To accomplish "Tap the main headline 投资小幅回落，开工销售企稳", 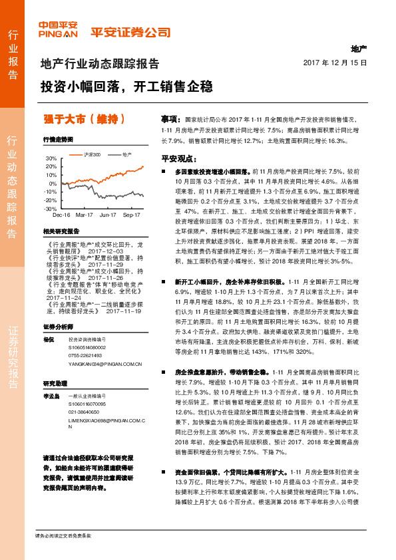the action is [126, 86].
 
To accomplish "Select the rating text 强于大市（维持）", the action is [84, 119].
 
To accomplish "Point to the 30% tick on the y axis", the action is [51, 158].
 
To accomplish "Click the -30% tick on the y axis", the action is [50, 208].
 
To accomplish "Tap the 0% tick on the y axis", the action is [53, 183].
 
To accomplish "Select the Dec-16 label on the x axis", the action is [61, 215].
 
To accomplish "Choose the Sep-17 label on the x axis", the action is [131, 215].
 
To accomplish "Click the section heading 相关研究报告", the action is [61, 230].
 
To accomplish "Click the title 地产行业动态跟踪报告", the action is [100, 65].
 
